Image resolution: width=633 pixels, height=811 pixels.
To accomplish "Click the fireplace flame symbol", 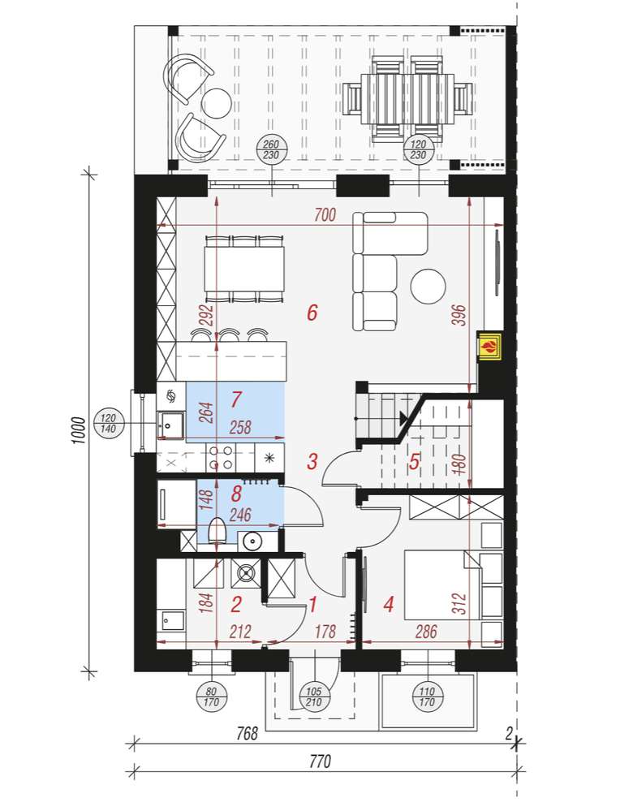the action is tap(489, 344).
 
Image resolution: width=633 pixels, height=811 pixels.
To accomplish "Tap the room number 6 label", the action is tap(312, 313).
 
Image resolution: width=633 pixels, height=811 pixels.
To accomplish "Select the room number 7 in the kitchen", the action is tap(236, 399).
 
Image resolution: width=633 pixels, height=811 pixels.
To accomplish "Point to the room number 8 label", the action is tap(236, 494).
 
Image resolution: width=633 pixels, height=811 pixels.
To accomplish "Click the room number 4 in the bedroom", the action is tap(389, 604).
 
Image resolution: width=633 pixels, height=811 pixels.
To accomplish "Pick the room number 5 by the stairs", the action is tap(414, 461).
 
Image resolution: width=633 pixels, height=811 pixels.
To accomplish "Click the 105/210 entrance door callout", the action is tap(314, 697).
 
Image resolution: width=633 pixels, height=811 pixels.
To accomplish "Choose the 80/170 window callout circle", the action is tap(212, 697).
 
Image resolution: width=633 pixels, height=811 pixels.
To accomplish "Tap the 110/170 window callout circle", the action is tap(427, 697).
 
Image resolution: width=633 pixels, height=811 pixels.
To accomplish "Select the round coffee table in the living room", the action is tap(428, 287).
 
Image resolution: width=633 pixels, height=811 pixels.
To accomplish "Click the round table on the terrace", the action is tap(215, 103).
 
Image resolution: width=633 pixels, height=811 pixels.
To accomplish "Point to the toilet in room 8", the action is tap(217, 532).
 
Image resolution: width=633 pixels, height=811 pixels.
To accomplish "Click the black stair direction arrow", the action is tap(403, 418).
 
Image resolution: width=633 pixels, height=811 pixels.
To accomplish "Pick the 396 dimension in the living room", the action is tap(459, 315).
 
